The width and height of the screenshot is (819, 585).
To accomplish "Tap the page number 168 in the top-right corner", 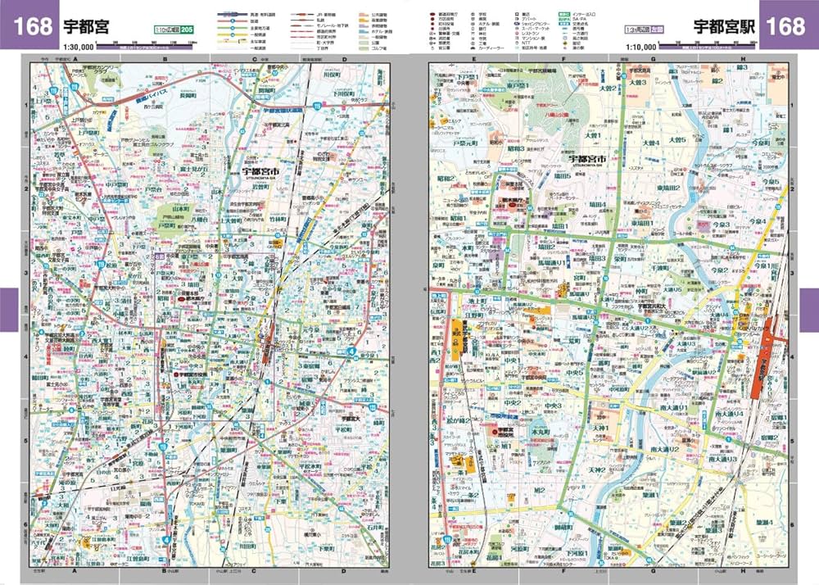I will click(786, 25).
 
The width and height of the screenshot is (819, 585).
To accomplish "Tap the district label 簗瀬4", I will click(762, 522).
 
